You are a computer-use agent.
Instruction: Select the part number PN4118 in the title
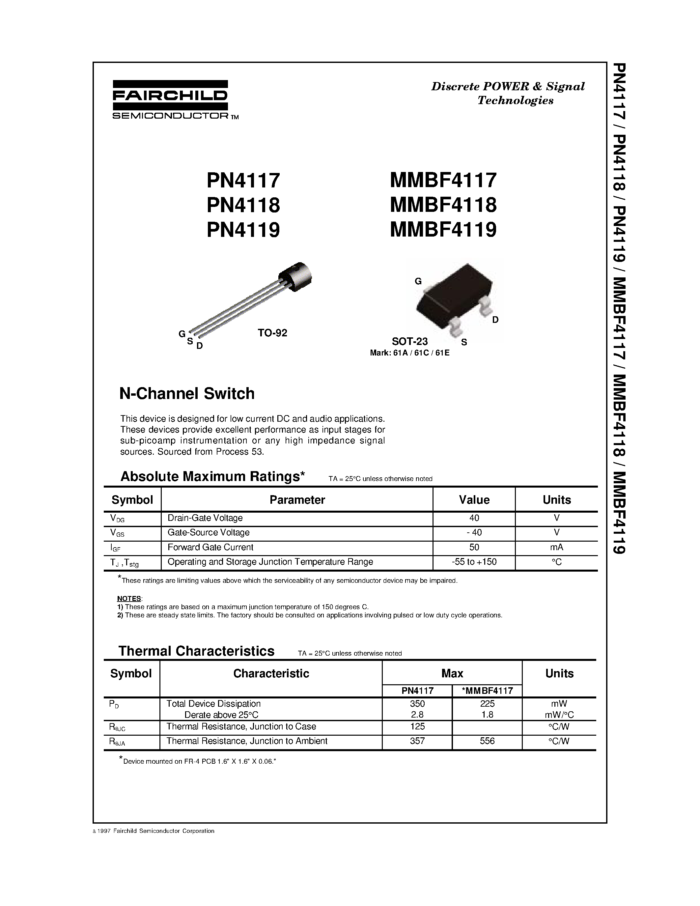[x=243, y=205]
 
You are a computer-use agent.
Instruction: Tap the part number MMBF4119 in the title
[x=443, y=229]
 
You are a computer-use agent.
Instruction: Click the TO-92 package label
[x=272, y=333]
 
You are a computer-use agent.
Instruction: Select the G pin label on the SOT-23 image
[x=418, y=281]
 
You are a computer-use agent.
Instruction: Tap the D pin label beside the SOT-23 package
[x=495, y=320]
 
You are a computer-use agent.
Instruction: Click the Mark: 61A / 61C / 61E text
[x=409, y=353]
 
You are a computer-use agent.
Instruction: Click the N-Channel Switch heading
[x=187, y=393]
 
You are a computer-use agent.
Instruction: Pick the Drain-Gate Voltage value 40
[x=474, y=518]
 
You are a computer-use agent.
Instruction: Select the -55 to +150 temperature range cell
[x=474, y=562]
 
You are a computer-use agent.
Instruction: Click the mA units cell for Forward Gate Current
[x=556, y=547]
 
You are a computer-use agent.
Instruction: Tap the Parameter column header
[x=297, y=499]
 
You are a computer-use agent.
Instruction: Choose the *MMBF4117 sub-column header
[x=487, y=690]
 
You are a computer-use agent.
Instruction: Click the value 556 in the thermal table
[x=487, y=741]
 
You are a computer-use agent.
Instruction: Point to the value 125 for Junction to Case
[x=417, y=726]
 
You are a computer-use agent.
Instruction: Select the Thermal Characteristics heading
[x=197, y=651]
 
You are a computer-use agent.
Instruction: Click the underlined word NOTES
[x=129, y=599]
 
